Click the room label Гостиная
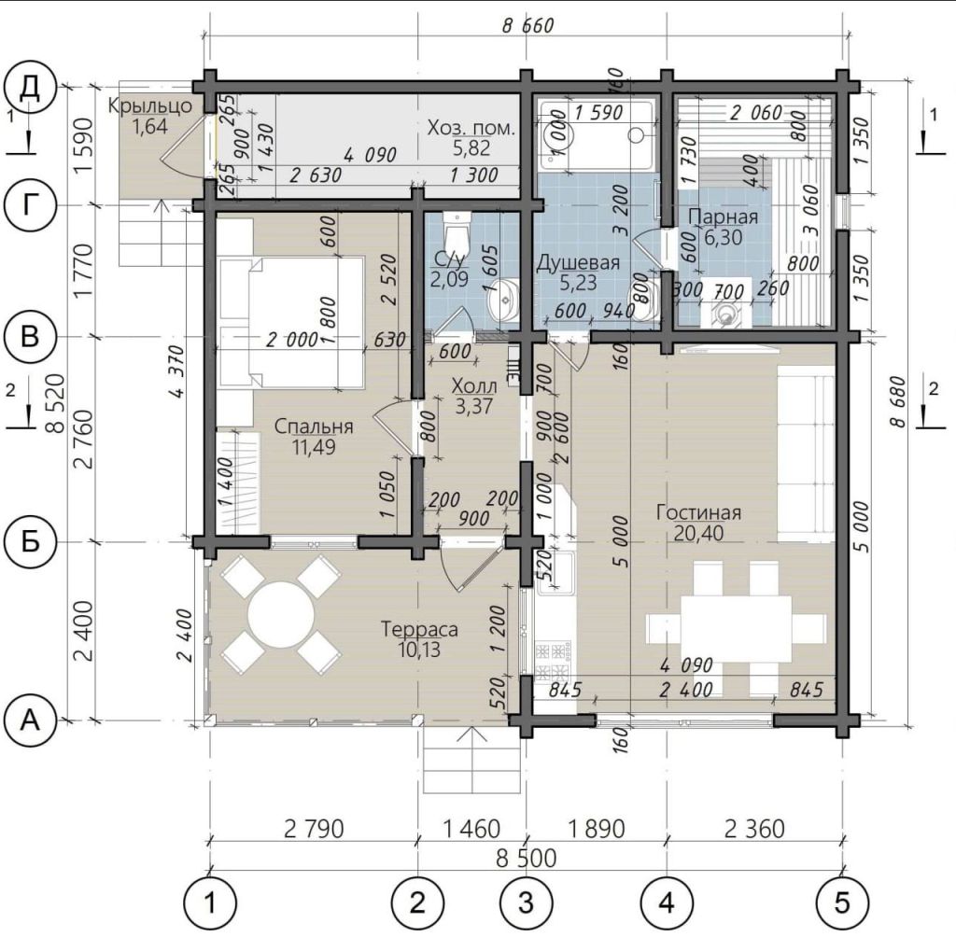point(698,512)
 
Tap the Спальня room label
point(314,427)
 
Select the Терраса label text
point(419,628)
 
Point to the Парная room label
point(724,217)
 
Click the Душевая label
point(578,262)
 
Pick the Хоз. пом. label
point(471,128)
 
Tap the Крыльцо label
point(150,106)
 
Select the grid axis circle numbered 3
point(527,902)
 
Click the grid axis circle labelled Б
point(30,541)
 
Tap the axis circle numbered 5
point(843,902)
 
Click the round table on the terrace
point(281,614)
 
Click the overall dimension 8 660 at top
point(528,25)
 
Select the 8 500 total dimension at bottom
point(527,858)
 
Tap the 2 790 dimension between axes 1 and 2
point(314,829)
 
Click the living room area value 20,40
point(698,534)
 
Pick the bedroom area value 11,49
point(314,447)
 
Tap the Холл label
point(473,385)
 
